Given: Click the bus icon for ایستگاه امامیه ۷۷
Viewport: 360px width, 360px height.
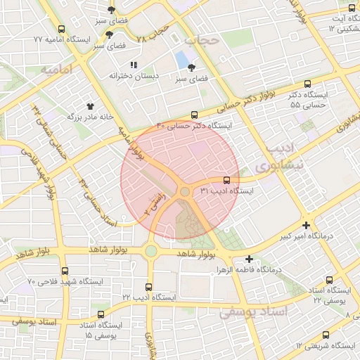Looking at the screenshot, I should pyautogui.click(x=62, y=30).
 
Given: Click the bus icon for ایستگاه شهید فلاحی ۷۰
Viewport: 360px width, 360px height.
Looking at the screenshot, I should pyautogui.click(x=65, y=271).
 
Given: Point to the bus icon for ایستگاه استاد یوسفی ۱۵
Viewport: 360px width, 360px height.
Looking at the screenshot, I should pyautogui.click(x=102, y=314).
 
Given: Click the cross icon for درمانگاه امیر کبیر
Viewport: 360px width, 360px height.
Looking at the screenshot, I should pyautogui.click(x=305, y=225).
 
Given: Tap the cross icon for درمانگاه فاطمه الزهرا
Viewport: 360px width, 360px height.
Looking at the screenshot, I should pyautogui.click(x=250, y=259).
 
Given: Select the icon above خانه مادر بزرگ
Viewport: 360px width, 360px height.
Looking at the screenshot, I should pyautogui.click(x=90, y=104).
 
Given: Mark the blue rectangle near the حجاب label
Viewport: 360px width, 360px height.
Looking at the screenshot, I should pyautogui.click(x=182, y=58).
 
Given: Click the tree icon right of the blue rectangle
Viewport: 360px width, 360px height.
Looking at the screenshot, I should pyautogui.click(x=192, y=68).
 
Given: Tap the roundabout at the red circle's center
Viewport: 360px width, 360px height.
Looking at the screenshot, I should pyautogui.click(x=185, y=191).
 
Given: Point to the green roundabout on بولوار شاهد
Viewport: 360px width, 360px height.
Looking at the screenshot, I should pyautogui.click(x=151, y=251).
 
